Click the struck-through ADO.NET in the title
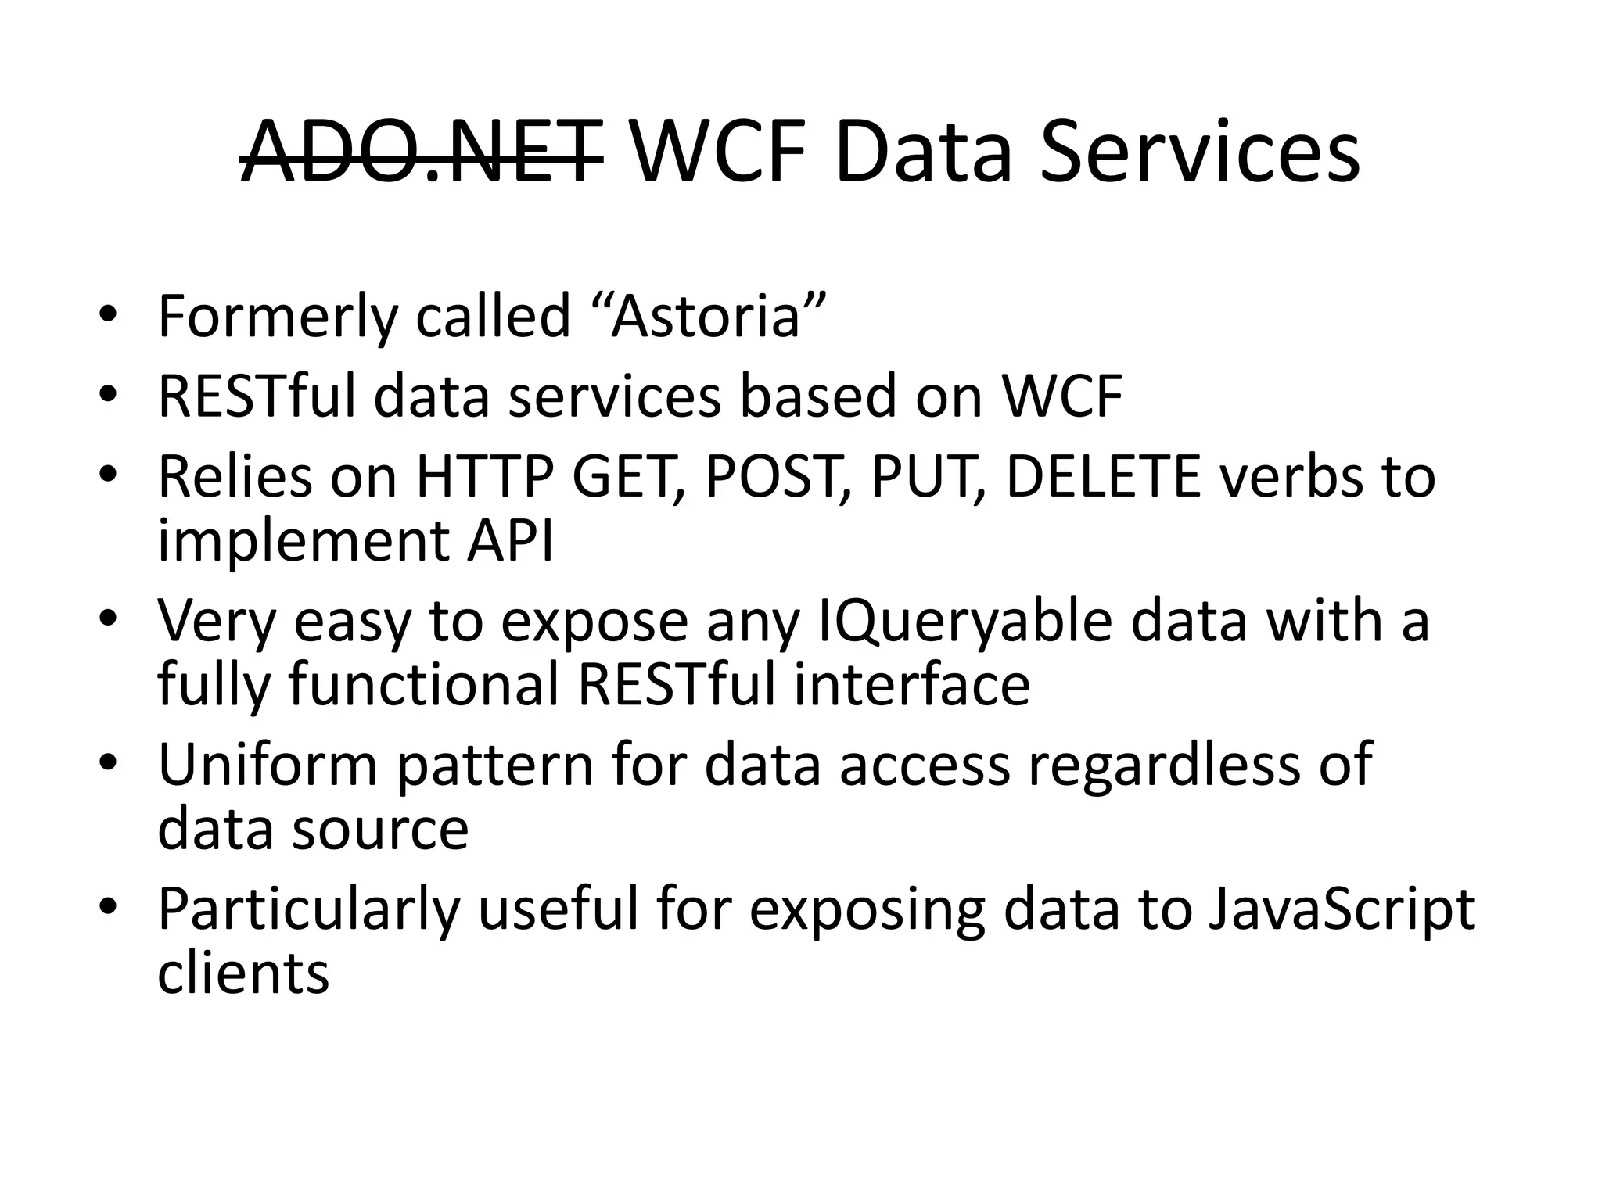tap(422, 152)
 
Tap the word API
tap(511, 540)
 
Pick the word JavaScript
tap(1342, 909)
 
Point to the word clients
tap(243, 973)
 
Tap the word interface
tap(911, 684)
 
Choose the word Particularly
tap(309, 909)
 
